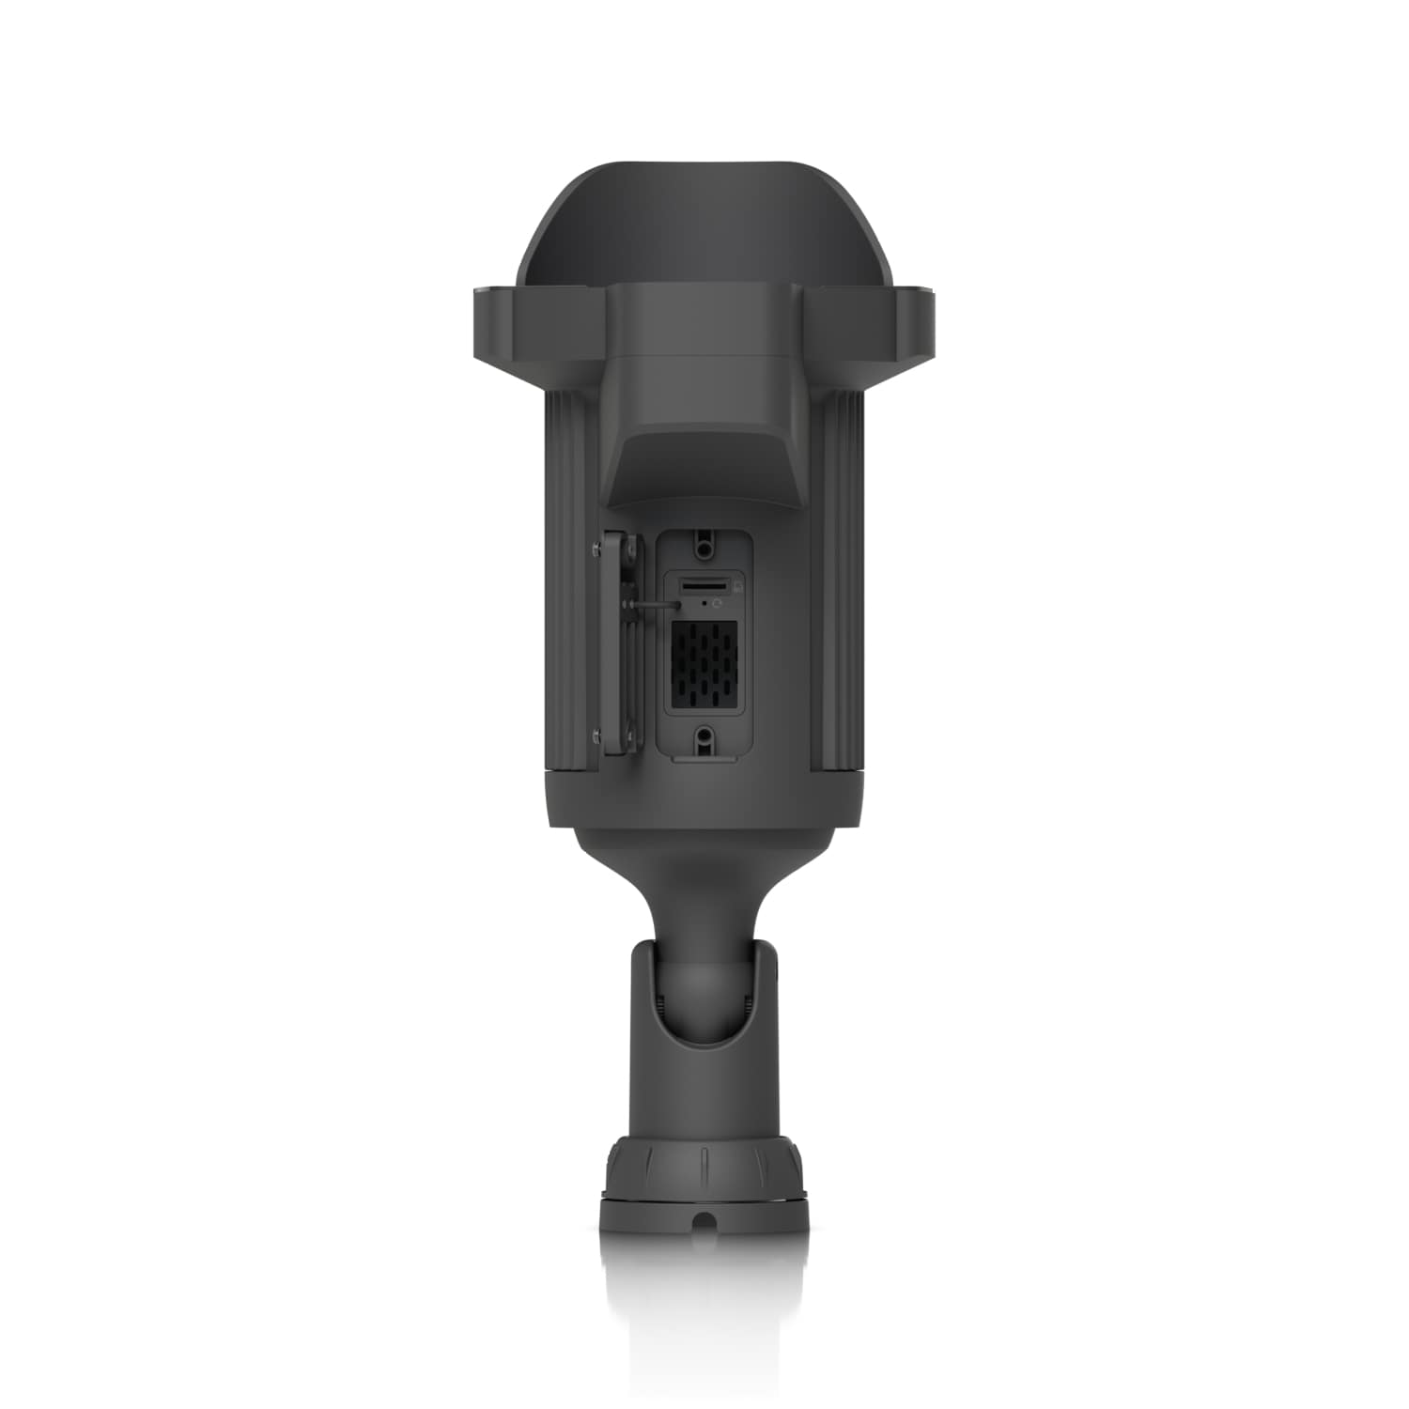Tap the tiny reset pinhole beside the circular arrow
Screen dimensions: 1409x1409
point(705,597)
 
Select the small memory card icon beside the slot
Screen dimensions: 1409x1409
point(738,586)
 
